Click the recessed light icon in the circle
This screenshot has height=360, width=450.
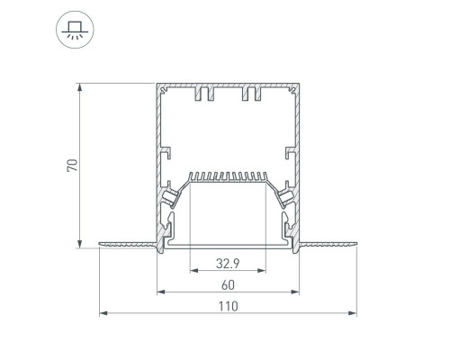(x=75, y=30)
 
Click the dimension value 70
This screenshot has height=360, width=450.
(x=72, y=166)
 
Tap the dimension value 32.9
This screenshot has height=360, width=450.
(x=228, y=264)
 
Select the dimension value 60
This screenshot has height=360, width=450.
(x=228, y=285)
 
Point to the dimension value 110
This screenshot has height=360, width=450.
(x=228, y=306)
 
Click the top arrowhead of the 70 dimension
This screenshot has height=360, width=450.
(x=79, y=87)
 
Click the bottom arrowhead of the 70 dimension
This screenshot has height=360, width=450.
(x=79, y=244)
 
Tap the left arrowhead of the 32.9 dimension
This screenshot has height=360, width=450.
(x=194, y=271)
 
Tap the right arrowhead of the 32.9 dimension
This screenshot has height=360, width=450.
(x=262, y=271)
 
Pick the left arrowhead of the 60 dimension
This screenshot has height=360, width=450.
(x=161, y=292)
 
